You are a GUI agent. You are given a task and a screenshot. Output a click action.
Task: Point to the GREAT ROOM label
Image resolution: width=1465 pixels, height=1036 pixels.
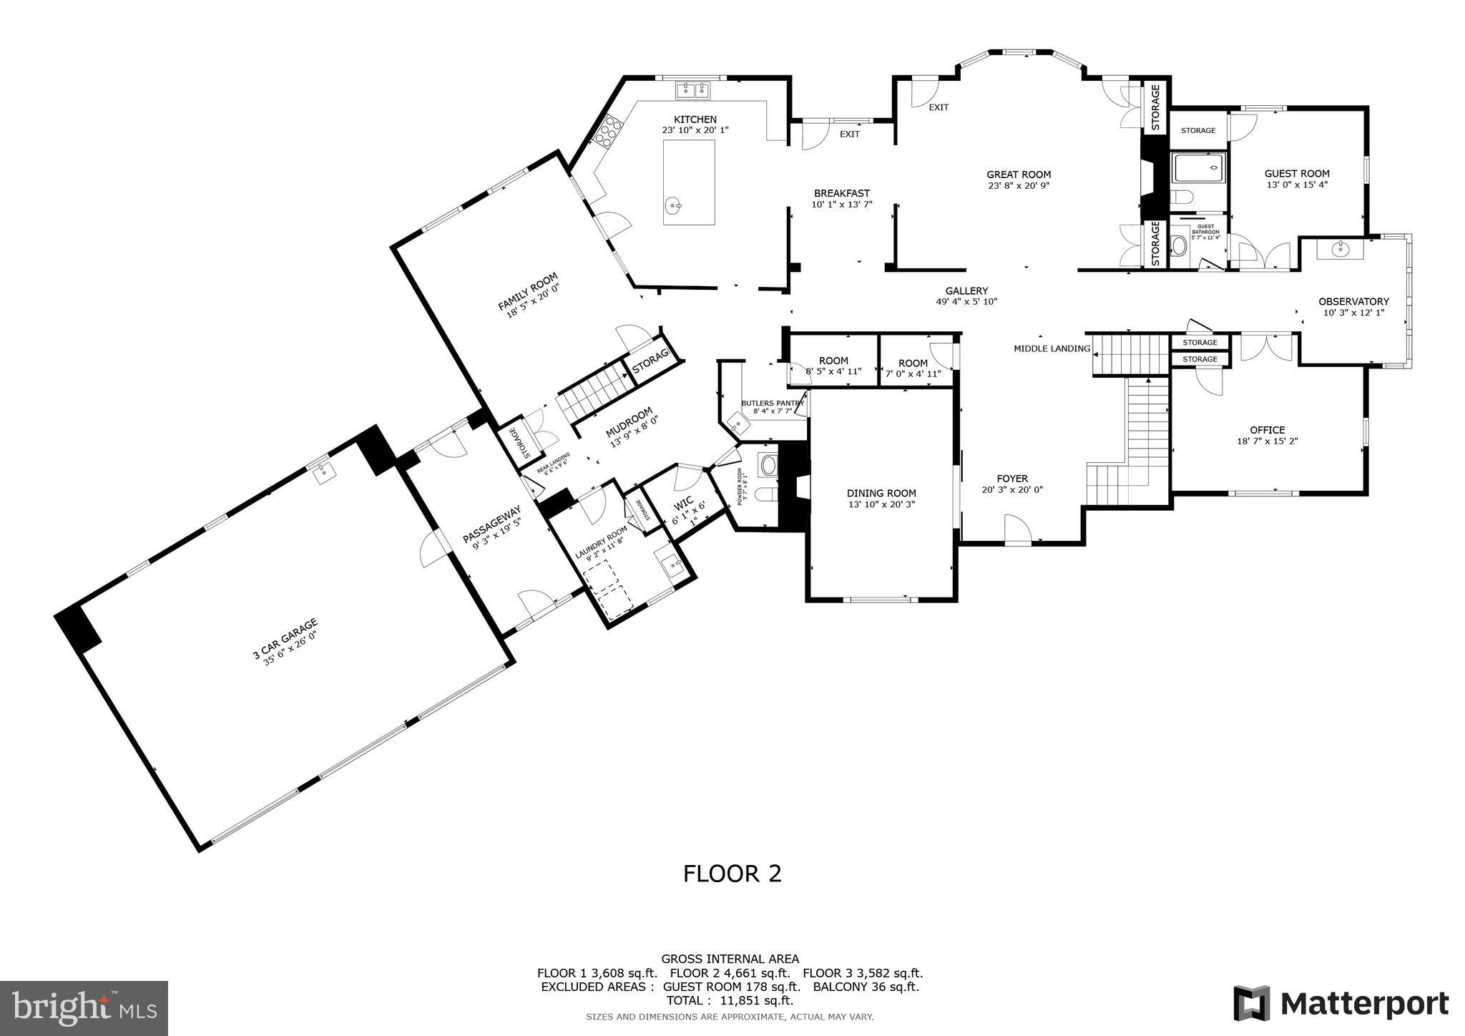pyautogui.click(x=1019, y=175)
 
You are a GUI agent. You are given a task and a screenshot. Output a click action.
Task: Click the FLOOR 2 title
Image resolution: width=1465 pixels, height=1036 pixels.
pyautogui.click(x=732, y=874)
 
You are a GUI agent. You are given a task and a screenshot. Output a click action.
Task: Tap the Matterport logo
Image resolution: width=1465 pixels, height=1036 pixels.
pyautogui.click(x=1341, y=1004)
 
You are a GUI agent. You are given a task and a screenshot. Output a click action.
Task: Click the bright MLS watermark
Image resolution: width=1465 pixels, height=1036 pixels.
pyautogui.click(x=84, y=1008)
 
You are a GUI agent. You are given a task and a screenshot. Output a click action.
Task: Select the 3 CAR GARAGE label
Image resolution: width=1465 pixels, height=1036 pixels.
pyautogui.click(x=285, y=643)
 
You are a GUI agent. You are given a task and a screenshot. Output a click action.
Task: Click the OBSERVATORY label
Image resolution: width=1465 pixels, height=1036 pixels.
pyautogui.click(x=1353, y=302)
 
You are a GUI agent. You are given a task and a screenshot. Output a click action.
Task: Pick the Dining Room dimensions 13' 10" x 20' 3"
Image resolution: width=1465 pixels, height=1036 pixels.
pyautogui.click(x=881, y=504)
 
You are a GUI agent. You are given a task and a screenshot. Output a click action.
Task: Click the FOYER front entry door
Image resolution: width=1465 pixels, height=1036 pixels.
pyautogui.click(x=1017, y=530)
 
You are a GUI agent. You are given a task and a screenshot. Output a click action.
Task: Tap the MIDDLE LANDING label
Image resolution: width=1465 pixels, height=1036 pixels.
pyautogui.click(x=1052, y=349)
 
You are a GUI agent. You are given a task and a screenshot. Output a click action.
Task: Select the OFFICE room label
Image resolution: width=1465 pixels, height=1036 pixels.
pyautogui.click(x=1267, y=430)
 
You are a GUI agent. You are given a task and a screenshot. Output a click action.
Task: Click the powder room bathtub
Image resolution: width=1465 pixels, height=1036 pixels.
pyautogui.click(x=769, y=466)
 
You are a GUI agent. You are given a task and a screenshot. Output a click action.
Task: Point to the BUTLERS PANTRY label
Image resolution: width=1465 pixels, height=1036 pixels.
pyautogui.click(x=772, y=404)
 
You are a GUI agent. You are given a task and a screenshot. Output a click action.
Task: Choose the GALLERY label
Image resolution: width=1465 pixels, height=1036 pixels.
pyautogui.click(x=966, y=291)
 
